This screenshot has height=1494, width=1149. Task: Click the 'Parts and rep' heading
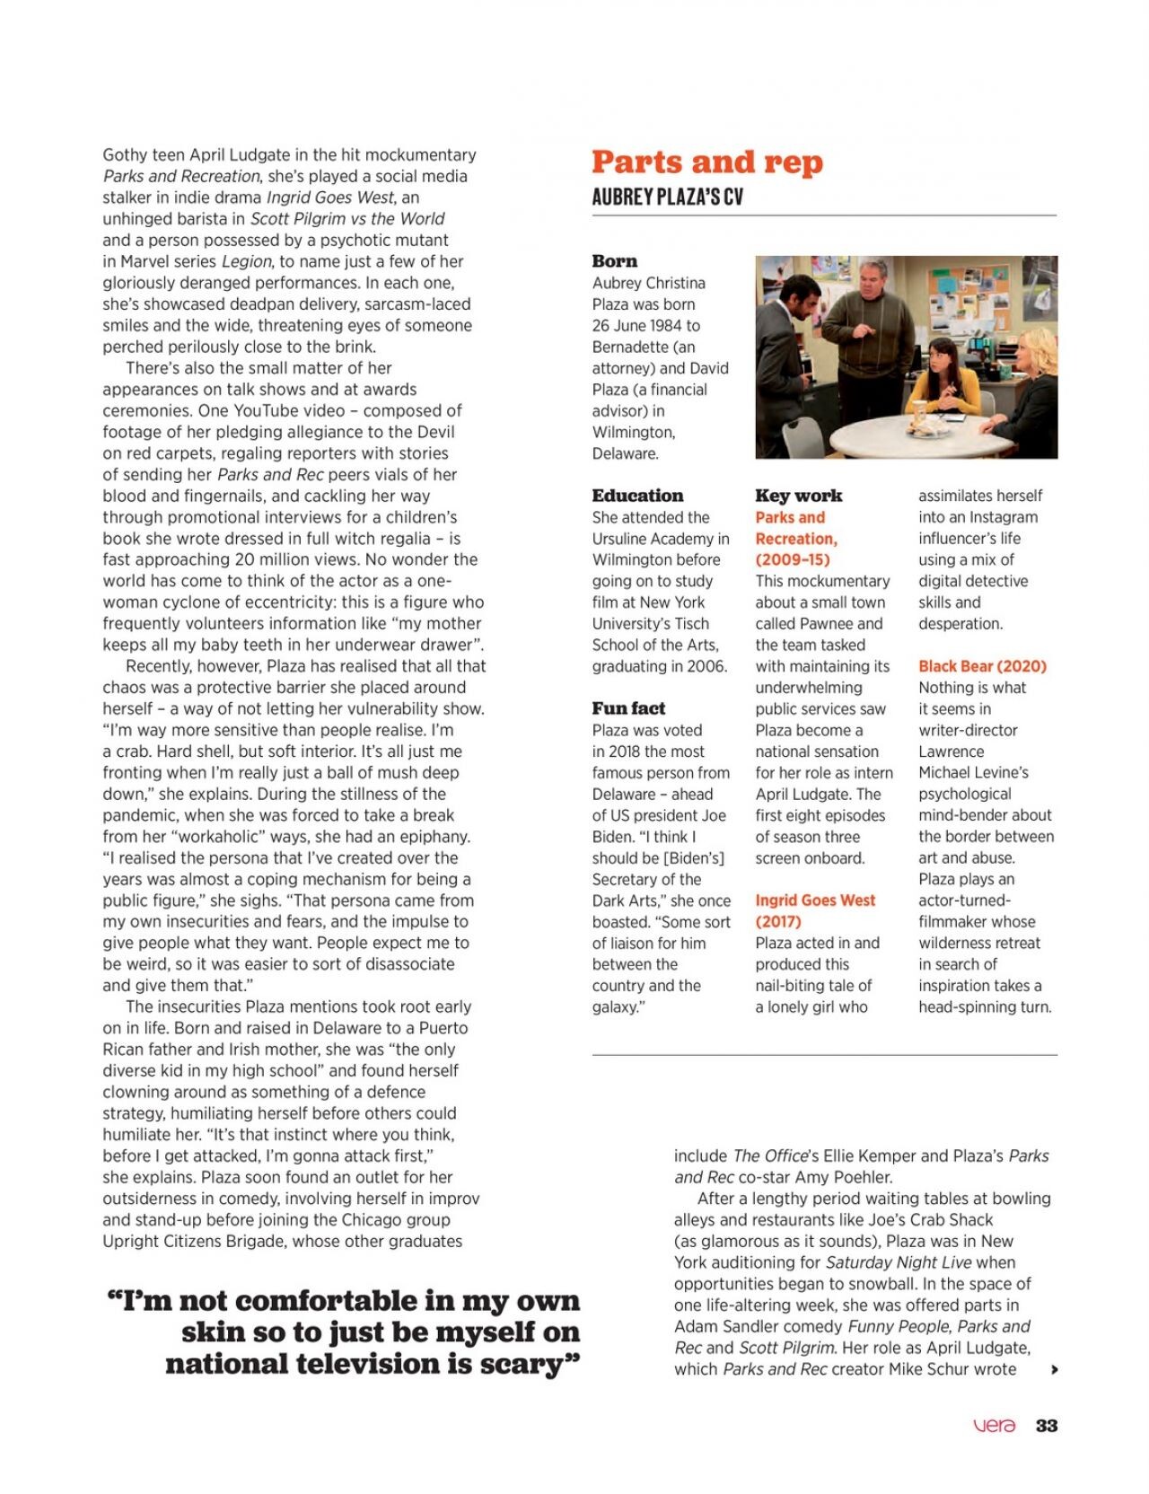point(706,162)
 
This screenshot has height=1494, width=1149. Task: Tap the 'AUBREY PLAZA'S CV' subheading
point(667,197)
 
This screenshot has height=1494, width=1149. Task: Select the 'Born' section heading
point(614,261)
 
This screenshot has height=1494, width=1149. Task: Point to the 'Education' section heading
point(637,496)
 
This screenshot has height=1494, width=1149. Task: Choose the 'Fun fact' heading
point(628,708)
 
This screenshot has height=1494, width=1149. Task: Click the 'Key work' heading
point(798,496)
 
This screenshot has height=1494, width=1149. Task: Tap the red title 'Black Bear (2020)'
point(982,666)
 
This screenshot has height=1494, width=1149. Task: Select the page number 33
point(1046,1426)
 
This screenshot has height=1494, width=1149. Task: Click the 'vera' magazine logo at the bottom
point(995,1426)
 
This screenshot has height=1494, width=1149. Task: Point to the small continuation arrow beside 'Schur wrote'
point(1055,1370)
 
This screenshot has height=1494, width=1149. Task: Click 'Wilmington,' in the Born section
point(633,432)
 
